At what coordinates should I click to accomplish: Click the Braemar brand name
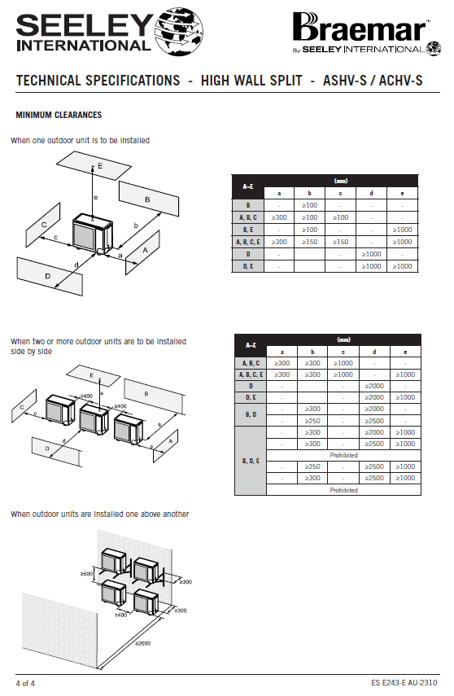(x=360, y=28)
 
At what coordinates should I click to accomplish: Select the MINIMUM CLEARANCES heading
(x=59, y=115)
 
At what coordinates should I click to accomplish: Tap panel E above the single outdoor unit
(x=94, y=165)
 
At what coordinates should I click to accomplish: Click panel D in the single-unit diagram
(x=50, y=276)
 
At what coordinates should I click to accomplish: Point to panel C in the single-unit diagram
(x=43, y=225)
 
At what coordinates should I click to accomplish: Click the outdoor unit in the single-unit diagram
(x=93, y=234)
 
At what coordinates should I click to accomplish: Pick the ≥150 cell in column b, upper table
(x=309, y=242)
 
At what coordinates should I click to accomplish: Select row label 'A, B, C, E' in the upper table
(x=248, y=242)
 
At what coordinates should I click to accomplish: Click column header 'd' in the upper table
(x=371, y=193)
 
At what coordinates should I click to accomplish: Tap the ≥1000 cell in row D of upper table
(x=371, y=254)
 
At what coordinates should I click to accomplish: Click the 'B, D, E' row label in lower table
(x=251, y=462)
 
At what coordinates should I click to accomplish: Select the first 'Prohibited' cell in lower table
(x=343, y=455)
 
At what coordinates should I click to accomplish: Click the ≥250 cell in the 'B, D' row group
(x=312, y=421)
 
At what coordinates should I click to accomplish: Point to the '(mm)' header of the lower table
(x=343, y=340)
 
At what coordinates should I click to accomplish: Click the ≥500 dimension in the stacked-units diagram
(x=87, y=574)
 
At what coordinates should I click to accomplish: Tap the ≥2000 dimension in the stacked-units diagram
(x=143, y=643)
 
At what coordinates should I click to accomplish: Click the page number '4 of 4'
(x=25, y=684)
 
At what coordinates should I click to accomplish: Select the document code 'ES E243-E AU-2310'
(x=404, y=683)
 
